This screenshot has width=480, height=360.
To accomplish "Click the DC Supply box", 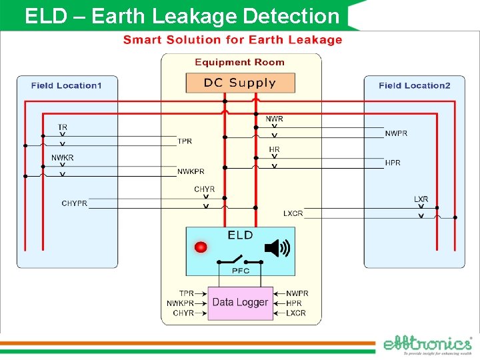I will [x=240, y=83].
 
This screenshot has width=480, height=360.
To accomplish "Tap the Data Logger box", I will [x=240, y=303].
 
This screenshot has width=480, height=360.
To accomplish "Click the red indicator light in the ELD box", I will [x=201, y=247].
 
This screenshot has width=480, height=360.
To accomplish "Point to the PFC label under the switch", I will [x=240, y=271].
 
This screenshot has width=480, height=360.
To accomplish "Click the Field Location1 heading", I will [x=67, y=85].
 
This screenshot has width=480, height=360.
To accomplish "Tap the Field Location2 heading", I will [x=414, y=85].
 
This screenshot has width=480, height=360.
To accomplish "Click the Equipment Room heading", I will [x=239, y=63].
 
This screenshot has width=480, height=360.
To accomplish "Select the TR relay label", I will [x=63, y=127].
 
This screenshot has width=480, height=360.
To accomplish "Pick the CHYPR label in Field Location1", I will [x=74, y=203].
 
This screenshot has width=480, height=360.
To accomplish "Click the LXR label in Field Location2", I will [x=421, y=199].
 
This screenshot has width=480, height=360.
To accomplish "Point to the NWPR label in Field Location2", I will [x=396, y=134].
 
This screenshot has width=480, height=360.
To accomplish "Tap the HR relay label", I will [x=274, y=149].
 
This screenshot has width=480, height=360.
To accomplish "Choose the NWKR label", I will [x=63, y=158].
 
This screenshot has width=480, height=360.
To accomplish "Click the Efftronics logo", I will [x=427, y=345].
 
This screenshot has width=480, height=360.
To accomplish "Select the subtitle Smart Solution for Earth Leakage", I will [x=233, y=40].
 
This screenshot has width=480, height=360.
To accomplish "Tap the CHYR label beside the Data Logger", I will [x=183, y=313].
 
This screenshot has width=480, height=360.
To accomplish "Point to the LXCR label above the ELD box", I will [x=293, y=213].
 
